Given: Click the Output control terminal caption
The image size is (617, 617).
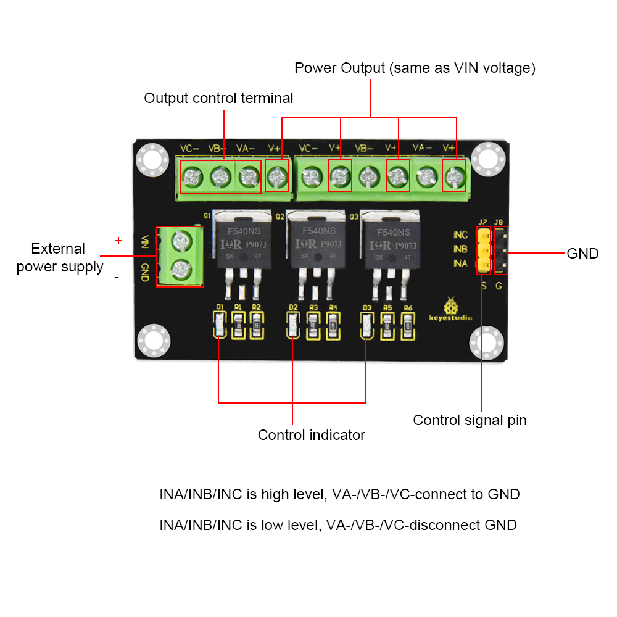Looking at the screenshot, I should click(x=218, y=98).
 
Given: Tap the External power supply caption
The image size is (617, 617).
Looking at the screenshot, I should click(x=59, y=258).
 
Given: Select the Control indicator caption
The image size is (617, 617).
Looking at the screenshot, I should click(x=311, y=435).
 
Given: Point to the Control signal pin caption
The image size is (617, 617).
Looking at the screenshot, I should click(x=470, y=420).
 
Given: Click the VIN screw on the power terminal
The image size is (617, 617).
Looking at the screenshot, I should click(x=180, y=239).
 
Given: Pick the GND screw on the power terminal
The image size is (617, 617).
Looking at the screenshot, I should click(x=180, y=268).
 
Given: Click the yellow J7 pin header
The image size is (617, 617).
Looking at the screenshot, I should click(x=484, y=250).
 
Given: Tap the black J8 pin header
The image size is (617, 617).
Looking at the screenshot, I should click(x=500, y=250).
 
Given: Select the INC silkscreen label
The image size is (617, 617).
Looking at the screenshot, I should click(x=460, y=235).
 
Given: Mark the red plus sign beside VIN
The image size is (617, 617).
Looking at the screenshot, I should click(x=118, y=240).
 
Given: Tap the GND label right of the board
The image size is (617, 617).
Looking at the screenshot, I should click(x=582, y=253).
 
